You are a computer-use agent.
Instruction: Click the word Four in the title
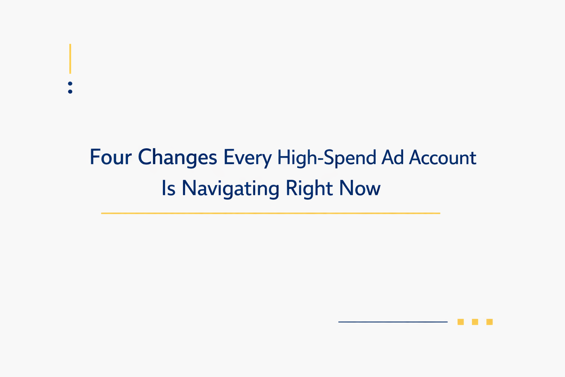(x=110, y=158)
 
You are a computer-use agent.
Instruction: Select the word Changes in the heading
(x=177, y=158)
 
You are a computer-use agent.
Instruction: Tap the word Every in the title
(x=247, y=158)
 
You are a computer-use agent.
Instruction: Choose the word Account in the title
(x=443, y=158)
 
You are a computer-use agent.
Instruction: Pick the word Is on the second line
(x=168, y=188)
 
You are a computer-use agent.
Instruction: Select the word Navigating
(x=231, y=188)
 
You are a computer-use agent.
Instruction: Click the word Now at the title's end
(x=359, y=188)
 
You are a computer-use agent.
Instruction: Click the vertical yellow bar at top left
(x=70, y=59)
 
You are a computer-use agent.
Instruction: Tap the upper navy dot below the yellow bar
(x=70, y=84)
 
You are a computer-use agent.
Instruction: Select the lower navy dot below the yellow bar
(x=70, y=91)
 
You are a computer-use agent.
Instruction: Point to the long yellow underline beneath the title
(x=270, y=213)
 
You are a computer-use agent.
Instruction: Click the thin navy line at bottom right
(x=392, y=322)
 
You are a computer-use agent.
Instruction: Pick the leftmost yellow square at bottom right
(x=461, y=322)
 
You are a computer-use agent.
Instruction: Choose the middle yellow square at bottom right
(x=475, y=322)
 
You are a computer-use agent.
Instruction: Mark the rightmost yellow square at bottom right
(x=490, y=322)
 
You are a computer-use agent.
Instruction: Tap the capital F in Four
(x=95, y=157)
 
